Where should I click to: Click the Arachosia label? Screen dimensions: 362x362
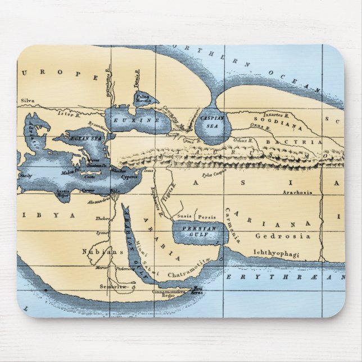tap(297, 192)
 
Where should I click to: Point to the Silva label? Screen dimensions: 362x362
tap(28, 101)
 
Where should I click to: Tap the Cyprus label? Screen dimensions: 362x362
tap(129, 177)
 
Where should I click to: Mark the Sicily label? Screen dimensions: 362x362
tap(26, 175)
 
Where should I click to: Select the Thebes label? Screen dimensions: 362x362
tap(102, 219)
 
